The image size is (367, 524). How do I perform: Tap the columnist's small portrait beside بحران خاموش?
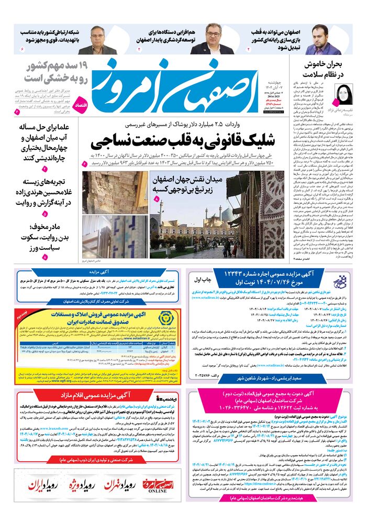pos(332,94)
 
